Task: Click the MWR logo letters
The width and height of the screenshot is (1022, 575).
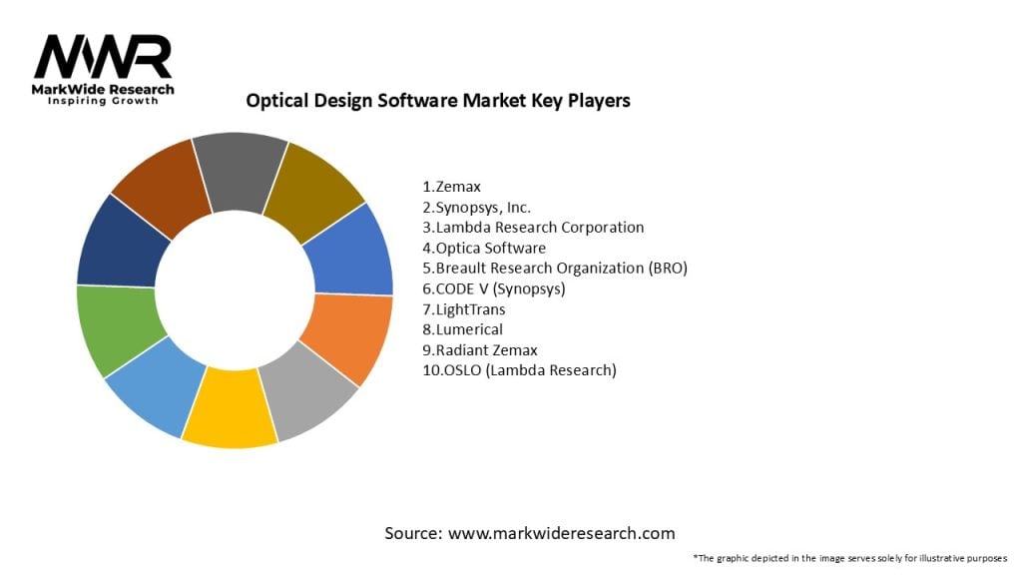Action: click(104, 57)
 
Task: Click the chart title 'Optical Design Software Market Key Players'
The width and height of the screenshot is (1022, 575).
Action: click(438, 101)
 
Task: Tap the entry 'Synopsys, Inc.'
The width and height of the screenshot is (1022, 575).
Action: click(477, 207)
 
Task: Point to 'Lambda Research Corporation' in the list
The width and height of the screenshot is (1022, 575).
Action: click(533, 227)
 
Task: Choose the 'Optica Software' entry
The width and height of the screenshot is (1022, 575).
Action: click(484, 248)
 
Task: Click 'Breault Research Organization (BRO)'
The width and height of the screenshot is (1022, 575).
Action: click(555, 268)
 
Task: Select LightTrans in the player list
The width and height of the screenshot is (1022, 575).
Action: click(463, 309)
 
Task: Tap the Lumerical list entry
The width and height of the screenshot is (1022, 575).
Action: click(463, 329)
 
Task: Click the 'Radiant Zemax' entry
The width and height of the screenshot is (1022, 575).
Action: click(478, 350)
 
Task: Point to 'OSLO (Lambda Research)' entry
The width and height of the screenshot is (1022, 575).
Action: click(519, 370)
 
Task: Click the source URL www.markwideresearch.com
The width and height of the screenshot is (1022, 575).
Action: click(561, 533)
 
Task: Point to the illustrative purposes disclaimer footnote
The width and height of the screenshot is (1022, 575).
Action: click(849, 557)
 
